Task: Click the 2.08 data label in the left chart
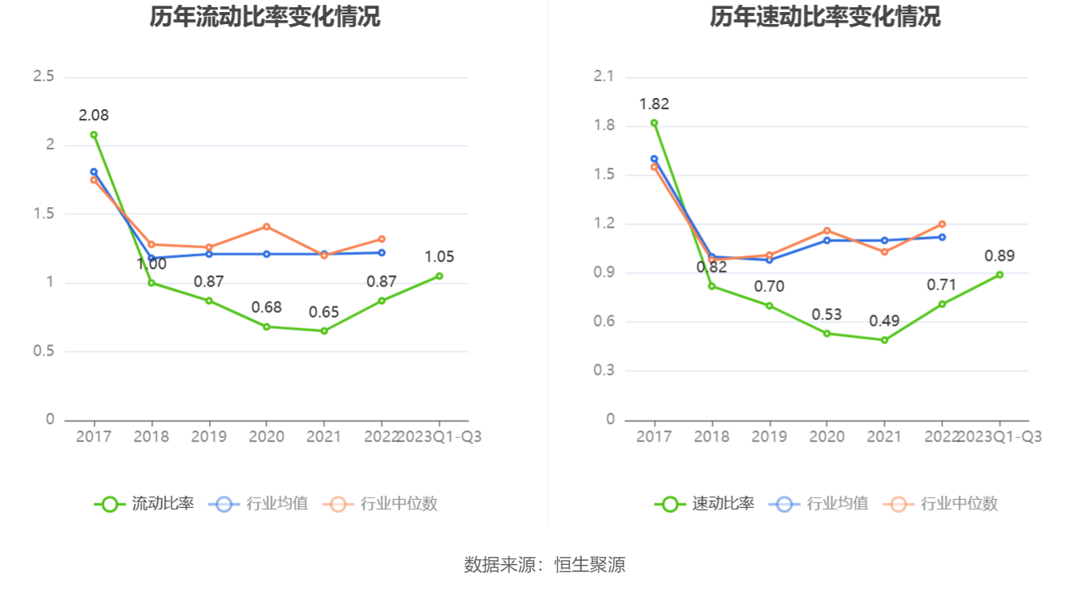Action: pyautogui.click(x=93, y=116)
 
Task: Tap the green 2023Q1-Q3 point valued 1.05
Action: pyautogui.click(x=439, y=276)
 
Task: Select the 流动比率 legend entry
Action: pyautogui.click(x=145, y=504)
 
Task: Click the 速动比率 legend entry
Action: pyautogui.click(x=705, y=504)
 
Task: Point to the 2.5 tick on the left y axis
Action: pyautogui.click(x=43, y=76)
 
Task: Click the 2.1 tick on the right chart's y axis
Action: pyautogui.click(x=604, y=76)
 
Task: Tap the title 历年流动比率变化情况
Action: pyautogui.click(x=265, y=17)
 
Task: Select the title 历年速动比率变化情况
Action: pyautogui.click(x=826, y=17)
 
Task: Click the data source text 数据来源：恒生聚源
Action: pyautogui.click(x=545, y=565)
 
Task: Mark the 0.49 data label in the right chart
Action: pyautogui.click(x=884, y=321)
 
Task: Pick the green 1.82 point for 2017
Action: pyautogui.click(x=654, y=123)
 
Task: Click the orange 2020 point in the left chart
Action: pyautogui.click(x=267, y=226)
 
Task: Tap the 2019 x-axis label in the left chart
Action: pyautogui.click(x=208, y=437)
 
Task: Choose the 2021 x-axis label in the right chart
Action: pyautogui.click(x=884, y=437)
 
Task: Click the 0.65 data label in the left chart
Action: pyautogui.click(x=324, y=312)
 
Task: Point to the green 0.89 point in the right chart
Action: pyautogui.click(x=999, y=274)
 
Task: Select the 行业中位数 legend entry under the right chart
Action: pyautogui.click(x=942, y=504)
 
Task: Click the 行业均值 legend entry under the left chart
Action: pyautogui.click(x=259, y=504)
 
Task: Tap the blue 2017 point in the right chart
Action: pyautogui.click(x=654, y=159)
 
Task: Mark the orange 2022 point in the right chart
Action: pyautogui.click(x=942, y=224)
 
